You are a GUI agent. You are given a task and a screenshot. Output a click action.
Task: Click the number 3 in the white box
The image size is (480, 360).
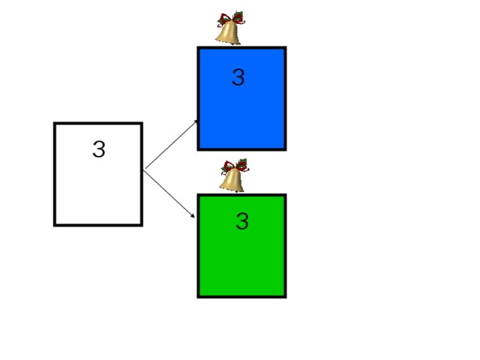pos(99,149)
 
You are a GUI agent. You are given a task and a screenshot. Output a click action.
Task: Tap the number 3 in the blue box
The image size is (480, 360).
pos(238,76)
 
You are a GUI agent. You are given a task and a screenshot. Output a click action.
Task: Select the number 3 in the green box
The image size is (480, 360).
pos(242,221)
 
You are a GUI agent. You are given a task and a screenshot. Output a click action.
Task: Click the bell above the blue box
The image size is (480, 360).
pos(229,28)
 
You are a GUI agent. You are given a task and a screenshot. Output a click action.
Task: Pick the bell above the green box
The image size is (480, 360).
pos(233,175)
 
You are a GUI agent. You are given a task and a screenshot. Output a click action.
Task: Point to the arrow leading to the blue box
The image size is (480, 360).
pos(172,144)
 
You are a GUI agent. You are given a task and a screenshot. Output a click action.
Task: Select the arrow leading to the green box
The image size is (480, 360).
pos(169,194)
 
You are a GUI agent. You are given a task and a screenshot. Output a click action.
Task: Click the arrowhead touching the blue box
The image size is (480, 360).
pos(196,122)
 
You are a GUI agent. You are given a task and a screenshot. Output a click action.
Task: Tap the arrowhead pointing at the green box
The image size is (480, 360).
pos(192,215)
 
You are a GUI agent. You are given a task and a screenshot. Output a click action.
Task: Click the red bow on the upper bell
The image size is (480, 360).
pos(231,18)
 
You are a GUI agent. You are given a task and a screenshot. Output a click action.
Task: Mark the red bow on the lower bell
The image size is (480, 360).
pos(235,166)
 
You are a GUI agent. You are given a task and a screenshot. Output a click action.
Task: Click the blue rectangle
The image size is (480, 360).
pos(241,98)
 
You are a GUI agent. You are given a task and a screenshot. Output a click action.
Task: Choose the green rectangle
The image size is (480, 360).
pos(241,246)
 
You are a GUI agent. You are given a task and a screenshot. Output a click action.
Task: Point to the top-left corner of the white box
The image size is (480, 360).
pos(54,122)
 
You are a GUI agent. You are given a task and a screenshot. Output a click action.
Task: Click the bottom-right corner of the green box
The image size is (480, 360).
pos(286,298)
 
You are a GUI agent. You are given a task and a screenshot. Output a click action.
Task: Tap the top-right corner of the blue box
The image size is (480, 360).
pos(286,46)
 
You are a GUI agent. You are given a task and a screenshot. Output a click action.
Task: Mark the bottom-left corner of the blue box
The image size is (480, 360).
pos(197,150)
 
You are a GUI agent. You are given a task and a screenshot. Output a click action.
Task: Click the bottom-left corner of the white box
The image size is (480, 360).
pos(54,226)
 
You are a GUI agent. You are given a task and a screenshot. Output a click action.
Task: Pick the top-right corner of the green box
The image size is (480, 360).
pos(286,194)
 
